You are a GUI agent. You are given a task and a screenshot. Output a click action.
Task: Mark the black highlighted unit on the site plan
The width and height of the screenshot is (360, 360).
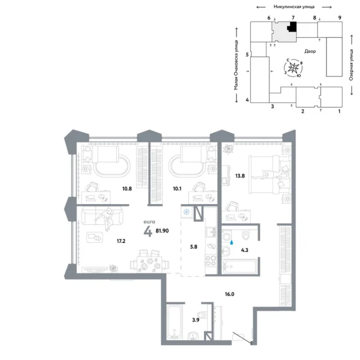click(x=293, y=28)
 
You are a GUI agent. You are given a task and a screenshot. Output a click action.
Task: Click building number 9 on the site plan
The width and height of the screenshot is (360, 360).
click(x=340, y=19)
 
